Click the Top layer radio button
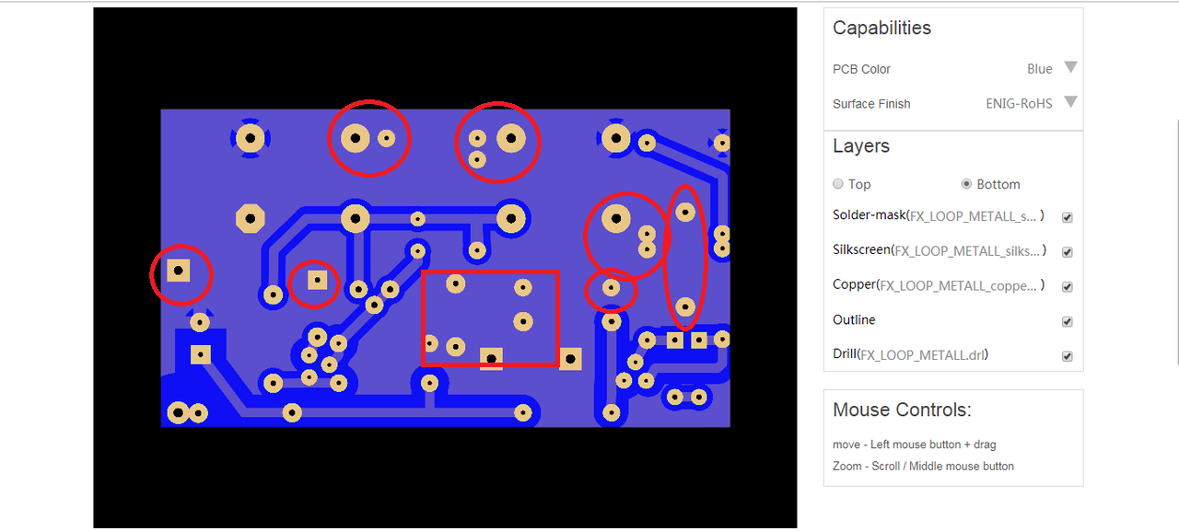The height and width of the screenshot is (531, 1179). pyautogui.click(x=838, y=184)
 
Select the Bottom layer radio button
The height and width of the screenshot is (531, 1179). pyautogui.click(x=966, y=184)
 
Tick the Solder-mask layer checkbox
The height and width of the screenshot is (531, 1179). pyautogui.click(x=1068, y=218)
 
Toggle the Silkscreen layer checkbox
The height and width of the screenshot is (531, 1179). pyautogui.click(x=1068, y=252)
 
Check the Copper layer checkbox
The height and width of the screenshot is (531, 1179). pyautogui.click(x=1068, y=287)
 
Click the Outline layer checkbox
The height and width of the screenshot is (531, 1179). pyautogui.click(x=1068, y=322)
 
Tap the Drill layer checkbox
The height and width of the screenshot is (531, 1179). pyautogui.click(x=1068, y=356)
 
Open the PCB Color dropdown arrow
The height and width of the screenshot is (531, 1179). pyautogui.click(x=1070, y=67)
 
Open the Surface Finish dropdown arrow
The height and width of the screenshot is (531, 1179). pyautogui.click(x=1070, y=102)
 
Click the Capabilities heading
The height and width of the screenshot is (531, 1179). pyautogui.click(x=881, y=29)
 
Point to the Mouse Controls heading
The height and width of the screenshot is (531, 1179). pyautogui.click(x=902, y=410)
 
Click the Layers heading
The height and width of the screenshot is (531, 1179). pyautogui.click(x=860, y=146)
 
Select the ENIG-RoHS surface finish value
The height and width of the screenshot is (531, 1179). pyautogui.click(x=1019, y=104)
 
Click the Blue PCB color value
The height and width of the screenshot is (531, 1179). pyautogui.click(x=1039, y=69)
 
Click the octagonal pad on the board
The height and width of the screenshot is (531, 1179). pyautogui.click(x=250, y=218)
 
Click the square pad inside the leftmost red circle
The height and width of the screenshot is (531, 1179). pyautogui.click(x=179, y=271)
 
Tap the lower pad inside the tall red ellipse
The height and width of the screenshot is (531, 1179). pyautogui.click(x=685, y=306)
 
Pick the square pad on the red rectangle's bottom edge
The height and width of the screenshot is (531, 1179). pyautogui.click(x=492, y=358)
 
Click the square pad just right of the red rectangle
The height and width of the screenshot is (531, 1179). pyautogui.click(x=571, y=358)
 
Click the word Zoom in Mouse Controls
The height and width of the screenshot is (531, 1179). pyautogui.click(x=848, y=467)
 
